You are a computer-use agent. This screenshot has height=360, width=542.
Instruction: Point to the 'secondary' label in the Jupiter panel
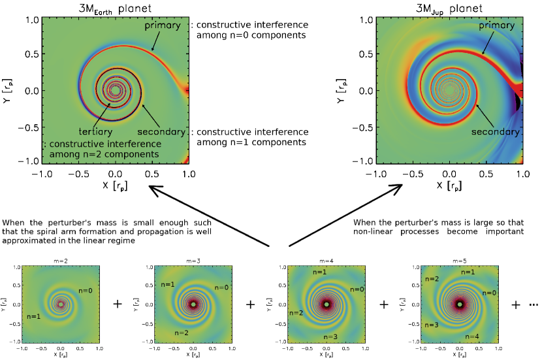[x=501, y=131]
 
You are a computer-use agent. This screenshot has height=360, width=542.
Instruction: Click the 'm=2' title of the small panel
[x=61, y=259]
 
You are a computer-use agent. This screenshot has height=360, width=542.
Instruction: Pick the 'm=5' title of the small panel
[x=460, y=259]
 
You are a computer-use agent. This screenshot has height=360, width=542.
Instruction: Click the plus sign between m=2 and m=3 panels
[x=118, y=304]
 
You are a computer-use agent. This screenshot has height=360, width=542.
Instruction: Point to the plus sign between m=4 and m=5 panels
[x=384, y=304]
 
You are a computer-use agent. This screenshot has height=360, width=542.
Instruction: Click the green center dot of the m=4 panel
[x=327, y=304]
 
